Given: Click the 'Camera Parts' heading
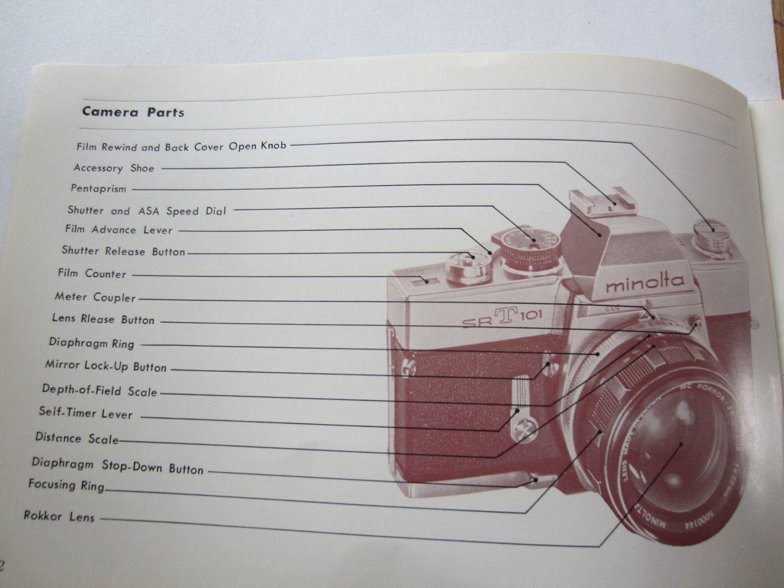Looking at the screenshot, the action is [x=133, y=112].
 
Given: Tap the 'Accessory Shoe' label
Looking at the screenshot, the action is [x=114, y=168].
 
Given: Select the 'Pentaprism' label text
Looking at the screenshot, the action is [x=98, y=189].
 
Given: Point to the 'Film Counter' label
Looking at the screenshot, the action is [x=92, y=273].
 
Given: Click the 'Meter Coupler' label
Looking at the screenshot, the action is [x=95, y=297].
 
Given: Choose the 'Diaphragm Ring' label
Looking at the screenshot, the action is [x=92, y=343].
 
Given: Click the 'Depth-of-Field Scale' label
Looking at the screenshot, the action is [x=99, y=391].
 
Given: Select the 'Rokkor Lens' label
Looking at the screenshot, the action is [x=59, y=516].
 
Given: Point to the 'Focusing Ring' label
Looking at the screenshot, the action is [x=66, y=485].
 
